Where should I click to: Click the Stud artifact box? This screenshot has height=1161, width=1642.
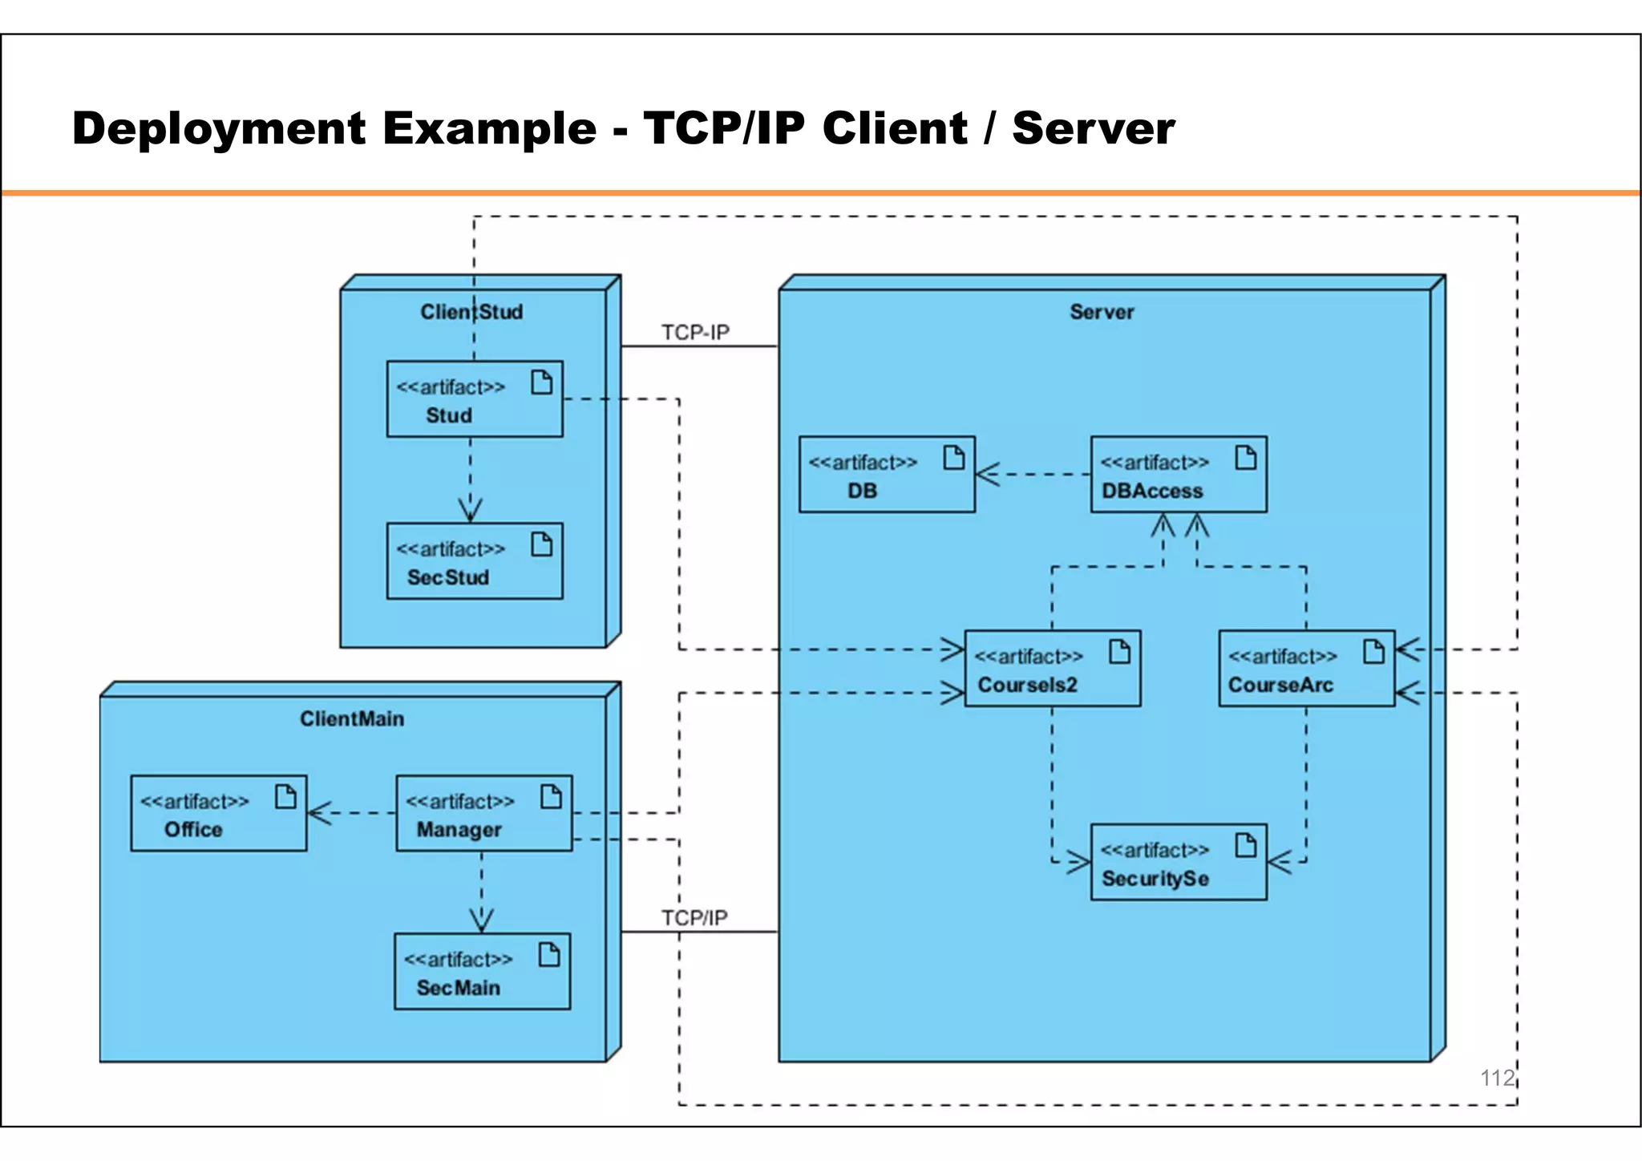[475, 399]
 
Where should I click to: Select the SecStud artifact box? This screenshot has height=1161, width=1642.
[475, 561]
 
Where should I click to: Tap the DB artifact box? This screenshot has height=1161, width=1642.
[887, 475]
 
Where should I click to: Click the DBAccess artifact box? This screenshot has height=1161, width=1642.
[1179, 475]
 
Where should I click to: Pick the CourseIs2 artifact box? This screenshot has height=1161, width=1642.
[1052, 669]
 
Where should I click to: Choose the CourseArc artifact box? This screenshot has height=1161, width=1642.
[1306, 669]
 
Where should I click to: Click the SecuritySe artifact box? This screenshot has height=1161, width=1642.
[1179, 862]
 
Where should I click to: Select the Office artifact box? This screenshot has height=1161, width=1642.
[219, 813]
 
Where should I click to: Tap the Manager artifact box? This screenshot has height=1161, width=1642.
[484, 813]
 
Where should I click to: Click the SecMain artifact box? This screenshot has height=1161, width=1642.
[482, 971]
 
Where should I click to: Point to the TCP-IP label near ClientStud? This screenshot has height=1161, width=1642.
[695, 332]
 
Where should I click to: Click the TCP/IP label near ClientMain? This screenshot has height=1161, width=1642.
[694, 917]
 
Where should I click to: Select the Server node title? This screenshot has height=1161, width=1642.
[1102, 312]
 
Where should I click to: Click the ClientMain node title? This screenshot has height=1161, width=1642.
[352, 718]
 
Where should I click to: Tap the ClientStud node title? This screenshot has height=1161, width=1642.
[471, 312]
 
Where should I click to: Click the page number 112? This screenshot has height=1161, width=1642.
[1497, 1078]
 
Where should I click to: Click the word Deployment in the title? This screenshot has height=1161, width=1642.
[219, 128]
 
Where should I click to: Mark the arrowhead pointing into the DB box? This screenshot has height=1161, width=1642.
[986, 475]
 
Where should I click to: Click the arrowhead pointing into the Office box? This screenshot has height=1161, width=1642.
[318, 813]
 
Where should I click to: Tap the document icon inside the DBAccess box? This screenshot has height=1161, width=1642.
[1246, 458]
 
